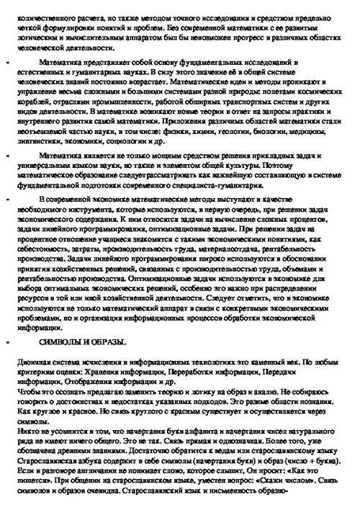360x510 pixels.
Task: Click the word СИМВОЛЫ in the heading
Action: [63, 340]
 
